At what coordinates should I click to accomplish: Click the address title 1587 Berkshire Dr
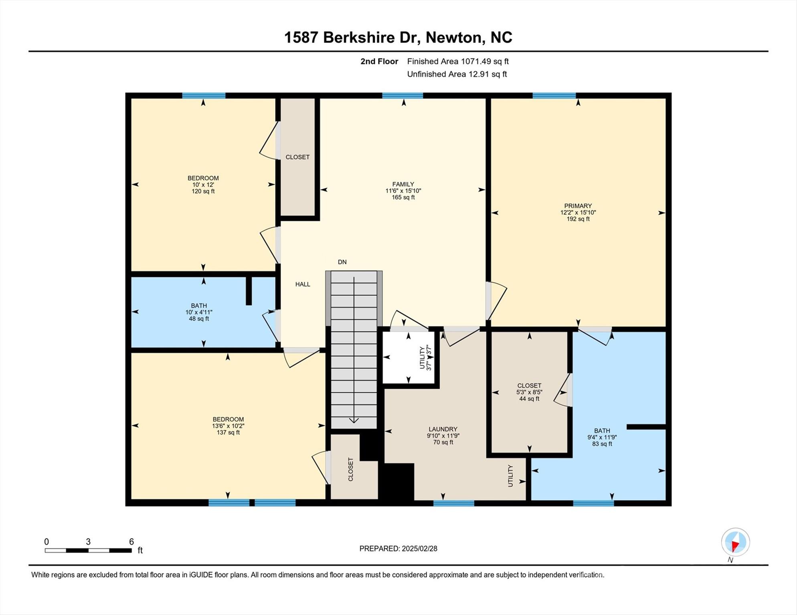(398, 37)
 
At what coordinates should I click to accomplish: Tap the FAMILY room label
(403, 185)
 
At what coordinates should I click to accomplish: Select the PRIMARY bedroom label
(578, 206)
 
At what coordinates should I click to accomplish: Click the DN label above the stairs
(342, 262)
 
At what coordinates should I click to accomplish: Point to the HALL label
(303, 284)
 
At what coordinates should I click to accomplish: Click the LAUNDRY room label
(443, 429)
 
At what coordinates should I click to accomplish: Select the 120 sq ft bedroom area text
(203, 191)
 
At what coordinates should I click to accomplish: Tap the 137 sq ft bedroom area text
(228, 432)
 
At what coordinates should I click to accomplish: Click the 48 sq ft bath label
(199, 319)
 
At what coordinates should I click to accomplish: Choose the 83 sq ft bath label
(602, 444)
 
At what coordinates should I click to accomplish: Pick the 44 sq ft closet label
(529, 399)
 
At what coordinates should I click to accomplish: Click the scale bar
(88, 551)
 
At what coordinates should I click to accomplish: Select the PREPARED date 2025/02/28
(398, 549)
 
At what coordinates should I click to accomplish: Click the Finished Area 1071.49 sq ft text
(457, 61)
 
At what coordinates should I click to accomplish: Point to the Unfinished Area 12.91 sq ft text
(457, 74)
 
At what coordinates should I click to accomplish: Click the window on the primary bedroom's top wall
(554, 95)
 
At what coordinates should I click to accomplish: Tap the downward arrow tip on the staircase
(354, 421)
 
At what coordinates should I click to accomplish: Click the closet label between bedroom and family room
(297, 157)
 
